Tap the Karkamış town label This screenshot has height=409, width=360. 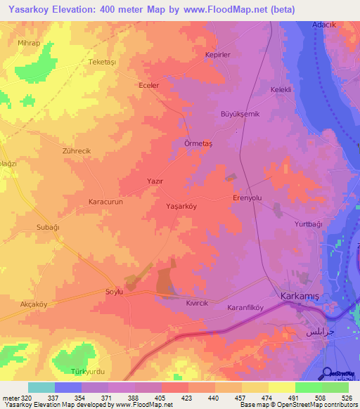tap(299, 297)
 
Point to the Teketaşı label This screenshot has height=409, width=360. tap(101, 62)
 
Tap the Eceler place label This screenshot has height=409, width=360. tap(149, 85)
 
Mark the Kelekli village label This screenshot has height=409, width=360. tap(281, 89)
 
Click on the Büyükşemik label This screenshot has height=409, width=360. tap(241, 114)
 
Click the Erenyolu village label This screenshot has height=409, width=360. tap(247, 198)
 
